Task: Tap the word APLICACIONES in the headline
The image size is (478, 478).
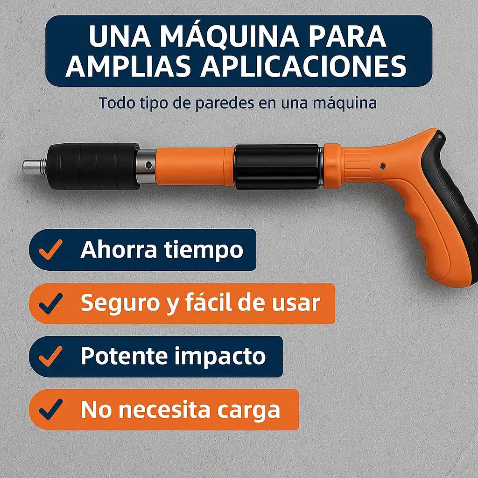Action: click(x=303, y=66)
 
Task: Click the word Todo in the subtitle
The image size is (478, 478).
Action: click(x=117, y=103)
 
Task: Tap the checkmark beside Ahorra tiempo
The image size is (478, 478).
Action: click(x=50, y=249)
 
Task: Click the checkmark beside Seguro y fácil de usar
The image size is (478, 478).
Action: click(x=50, y=303)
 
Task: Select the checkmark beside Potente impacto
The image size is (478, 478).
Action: click(x=50, y=356)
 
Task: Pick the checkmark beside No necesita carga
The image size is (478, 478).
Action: click(x=50, y=409)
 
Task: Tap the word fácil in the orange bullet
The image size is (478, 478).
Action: click(x=209, y=302)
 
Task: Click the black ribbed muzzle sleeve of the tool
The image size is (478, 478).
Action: click(x=93, y=166)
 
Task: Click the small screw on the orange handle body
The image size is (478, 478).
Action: click(x=383, y=166)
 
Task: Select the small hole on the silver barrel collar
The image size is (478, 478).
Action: click(x=148, y=165)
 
